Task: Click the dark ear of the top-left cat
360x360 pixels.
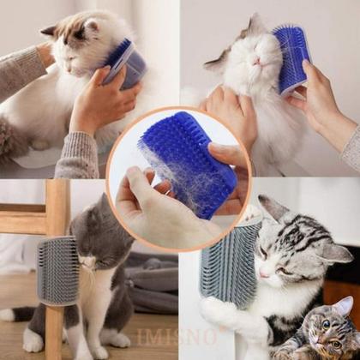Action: (49, 31)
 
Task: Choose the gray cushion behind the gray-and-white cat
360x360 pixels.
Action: (150, 283)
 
